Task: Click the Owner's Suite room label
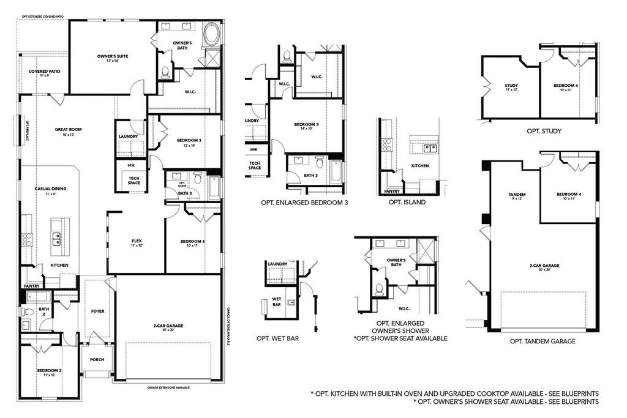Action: tap(112, 56)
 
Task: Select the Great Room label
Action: tap(68, 130)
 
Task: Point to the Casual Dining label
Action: tap(50, 189)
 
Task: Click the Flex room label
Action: tap(137, 241)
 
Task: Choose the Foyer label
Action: tap(97, 311)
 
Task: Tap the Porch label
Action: tap(97, 360)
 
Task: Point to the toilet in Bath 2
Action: tap(28, 312)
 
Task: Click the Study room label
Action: tap(511, 86)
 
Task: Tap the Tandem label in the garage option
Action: tap(517, 195)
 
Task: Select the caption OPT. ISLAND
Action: tap(407, 203)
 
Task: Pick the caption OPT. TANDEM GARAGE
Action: tap(542, 341)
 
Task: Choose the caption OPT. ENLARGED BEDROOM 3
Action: tap(304, 202)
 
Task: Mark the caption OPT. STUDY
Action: tap(544, 130)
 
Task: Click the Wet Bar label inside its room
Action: tap(277, 302)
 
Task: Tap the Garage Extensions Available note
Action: tap(168, 387)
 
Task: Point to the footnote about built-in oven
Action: tap(454, 393)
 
